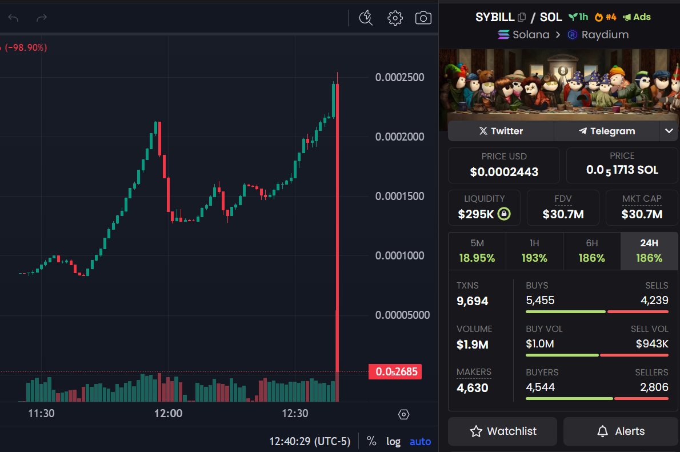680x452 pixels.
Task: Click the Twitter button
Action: [501, 131]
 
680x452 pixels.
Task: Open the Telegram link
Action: [607, 131]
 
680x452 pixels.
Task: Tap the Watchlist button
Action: [502, 431]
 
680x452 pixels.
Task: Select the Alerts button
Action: [621, 431]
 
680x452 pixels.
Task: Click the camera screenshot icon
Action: [423, 18]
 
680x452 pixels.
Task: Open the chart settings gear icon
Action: [395, 18]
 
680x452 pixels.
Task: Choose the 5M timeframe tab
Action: [477, 251]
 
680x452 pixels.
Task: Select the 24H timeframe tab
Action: [649, 251]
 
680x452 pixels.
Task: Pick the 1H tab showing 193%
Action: [534, 251]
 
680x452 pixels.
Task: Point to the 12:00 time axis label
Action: [169, 414]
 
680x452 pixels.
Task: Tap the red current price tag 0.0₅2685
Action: [395, 372]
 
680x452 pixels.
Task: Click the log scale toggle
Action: [393, 441]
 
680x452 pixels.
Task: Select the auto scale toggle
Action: [420, 441]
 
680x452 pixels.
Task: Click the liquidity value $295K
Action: [476, 214]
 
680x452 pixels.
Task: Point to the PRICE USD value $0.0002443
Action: [503, 171]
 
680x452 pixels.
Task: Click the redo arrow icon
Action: [41, 18]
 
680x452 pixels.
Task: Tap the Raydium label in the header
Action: [605, 34]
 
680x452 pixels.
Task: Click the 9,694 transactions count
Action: [472, 301]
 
